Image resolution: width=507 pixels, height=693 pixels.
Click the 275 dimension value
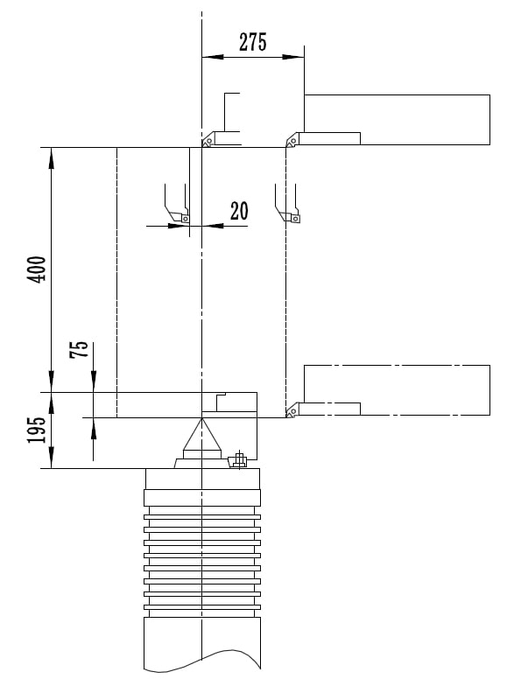253,42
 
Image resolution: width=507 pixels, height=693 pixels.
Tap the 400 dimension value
37,269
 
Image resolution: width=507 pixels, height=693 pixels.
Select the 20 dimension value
239,211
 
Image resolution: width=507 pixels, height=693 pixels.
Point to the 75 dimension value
79,350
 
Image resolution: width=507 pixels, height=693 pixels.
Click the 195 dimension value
37,430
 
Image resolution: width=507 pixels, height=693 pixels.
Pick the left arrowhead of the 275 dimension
213,57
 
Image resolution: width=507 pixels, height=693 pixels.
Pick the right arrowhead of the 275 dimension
293,57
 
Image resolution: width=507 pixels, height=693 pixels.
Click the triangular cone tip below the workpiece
202,418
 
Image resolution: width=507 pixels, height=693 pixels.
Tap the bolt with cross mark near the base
239,460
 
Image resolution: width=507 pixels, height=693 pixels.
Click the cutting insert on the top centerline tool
208,141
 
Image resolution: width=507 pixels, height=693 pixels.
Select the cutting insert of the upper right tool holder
292,141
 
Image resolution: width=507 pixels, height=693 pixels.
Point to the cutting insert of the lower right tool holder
292,411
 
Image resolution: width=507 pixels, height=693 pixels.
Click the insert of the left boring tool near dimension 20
186,218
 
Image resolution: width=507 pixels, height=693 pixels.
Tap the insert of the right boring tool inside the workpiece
295,218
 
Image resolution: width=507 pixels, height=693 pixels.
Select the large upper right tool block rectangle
397,119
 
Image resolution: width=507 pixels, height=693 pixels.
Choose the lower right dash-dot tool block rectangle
397,390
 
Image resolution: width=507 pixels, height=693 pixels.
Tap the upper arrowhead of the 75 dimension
94,381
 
